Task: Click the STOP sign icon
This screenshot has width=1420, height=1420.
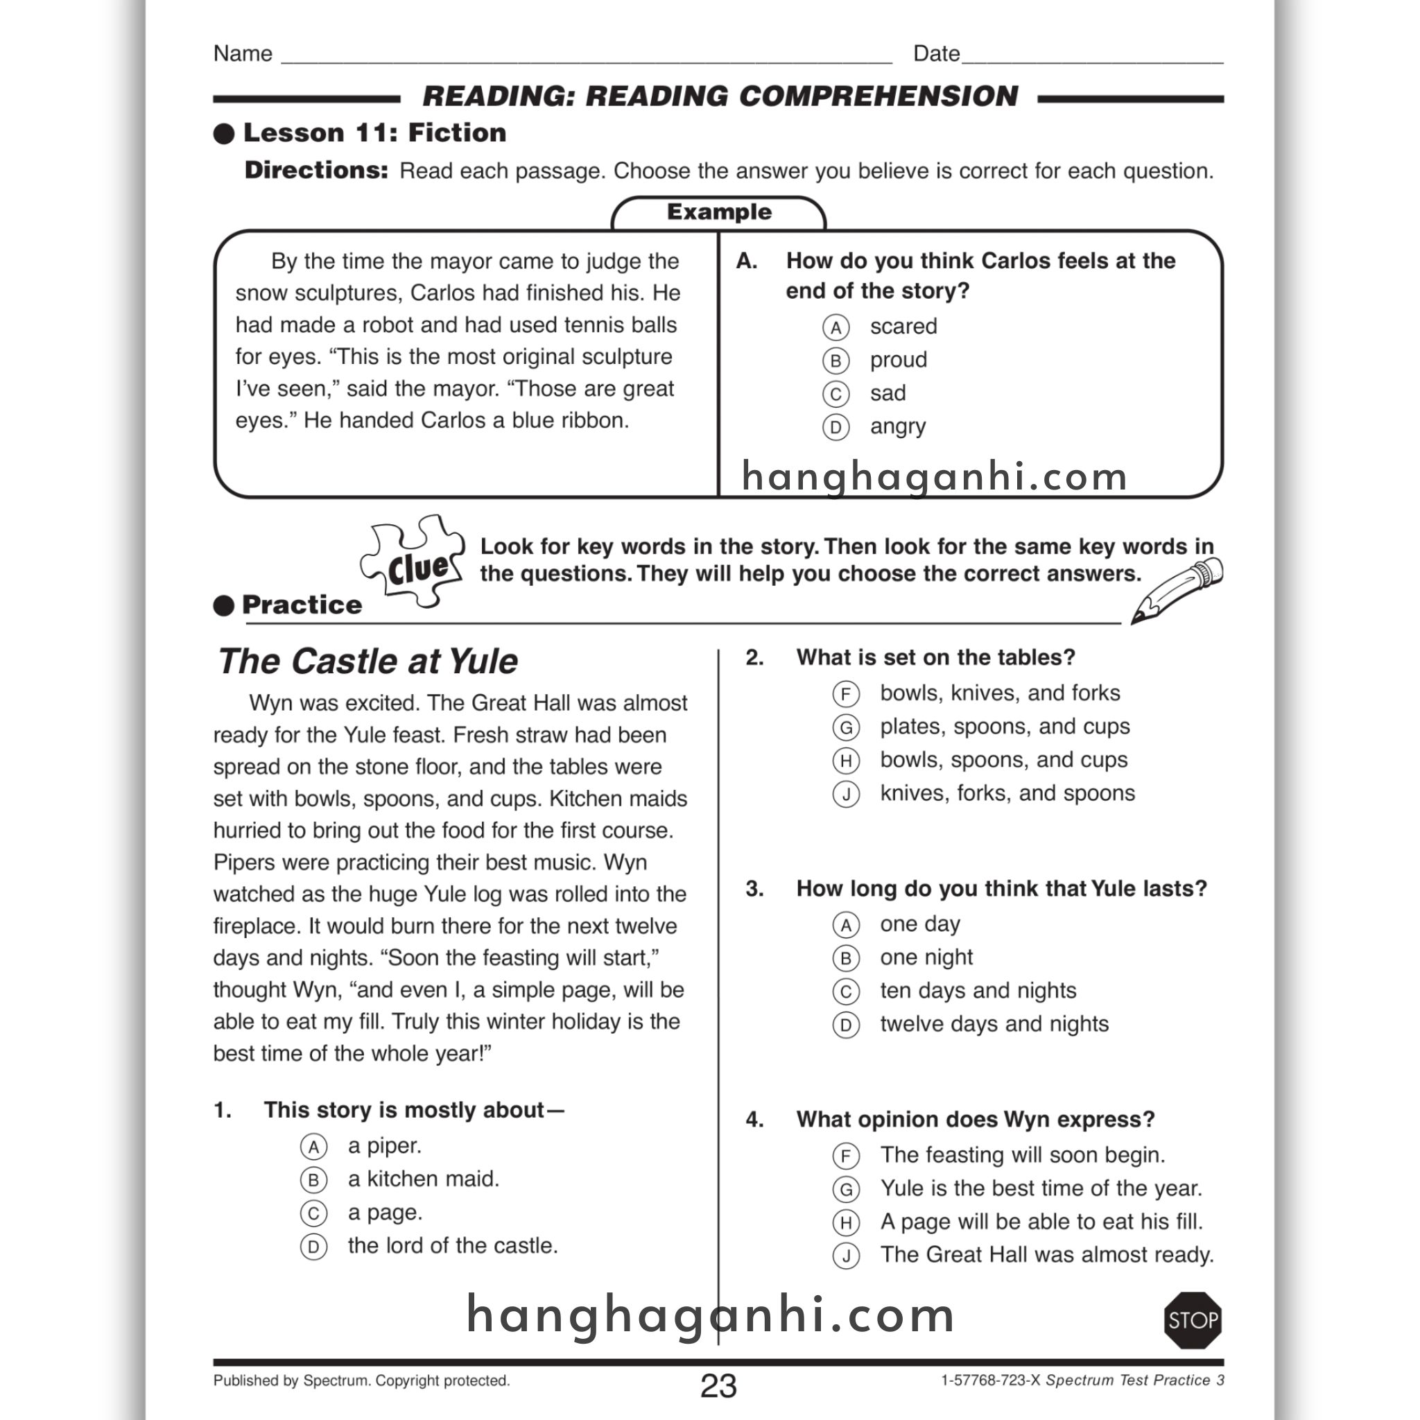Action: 1192,1320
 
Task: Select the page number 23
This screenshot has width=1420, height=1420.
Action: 718,1385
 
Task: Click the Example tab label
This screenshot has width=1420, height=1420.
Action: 719,212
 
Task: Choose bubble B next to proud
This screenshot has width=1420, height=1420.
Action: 835,361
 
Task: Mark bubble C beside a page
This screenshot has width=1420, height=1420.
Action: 313,1213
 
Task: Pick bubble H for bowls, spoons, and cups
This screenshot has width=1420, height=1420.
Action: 846,761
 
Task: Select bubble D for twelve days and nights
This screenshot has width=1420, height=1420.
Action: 846,1025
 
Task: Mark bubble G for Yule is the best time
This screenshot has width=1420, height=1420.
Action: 846,1189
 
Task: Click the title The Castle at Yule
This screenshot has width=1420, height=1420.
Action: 367,661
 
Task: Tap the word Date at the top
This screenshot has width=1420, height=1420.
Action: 935,53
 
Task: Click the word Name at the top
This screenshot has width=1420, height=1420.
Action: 243,53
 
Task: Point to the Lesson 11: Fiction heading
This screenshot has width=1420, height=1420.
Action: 374,133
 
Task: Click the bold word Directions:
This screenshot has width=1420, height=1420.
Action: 316,171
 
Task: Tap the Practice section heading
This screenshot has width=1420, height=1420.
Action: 302,605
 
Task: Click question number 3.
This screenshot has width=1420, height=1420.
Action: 754,889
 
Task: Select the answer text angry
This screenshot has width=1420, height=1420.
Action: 897,426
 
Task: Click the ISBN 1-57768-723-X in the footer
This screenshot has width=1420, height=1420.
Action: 990,1380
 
